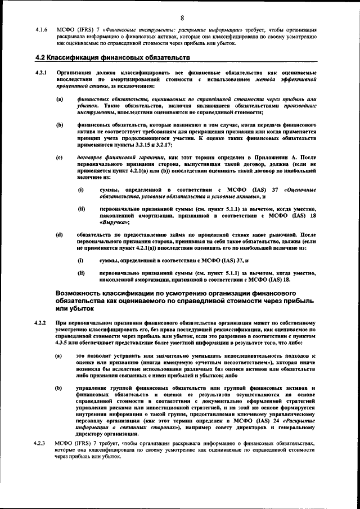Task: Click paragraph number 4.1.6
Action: (x=40, y=29)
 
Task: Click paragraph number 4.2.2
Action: (x=40, y=323)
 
